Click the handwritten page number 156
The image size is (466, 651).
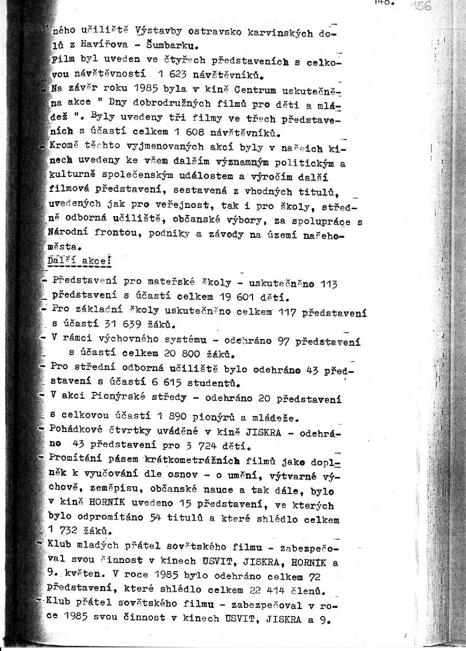tap(423, 6)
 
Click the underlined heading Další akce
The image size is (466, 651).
tap(79, 260)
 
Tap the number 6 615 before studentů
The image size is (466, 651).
tap(164, 382)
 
